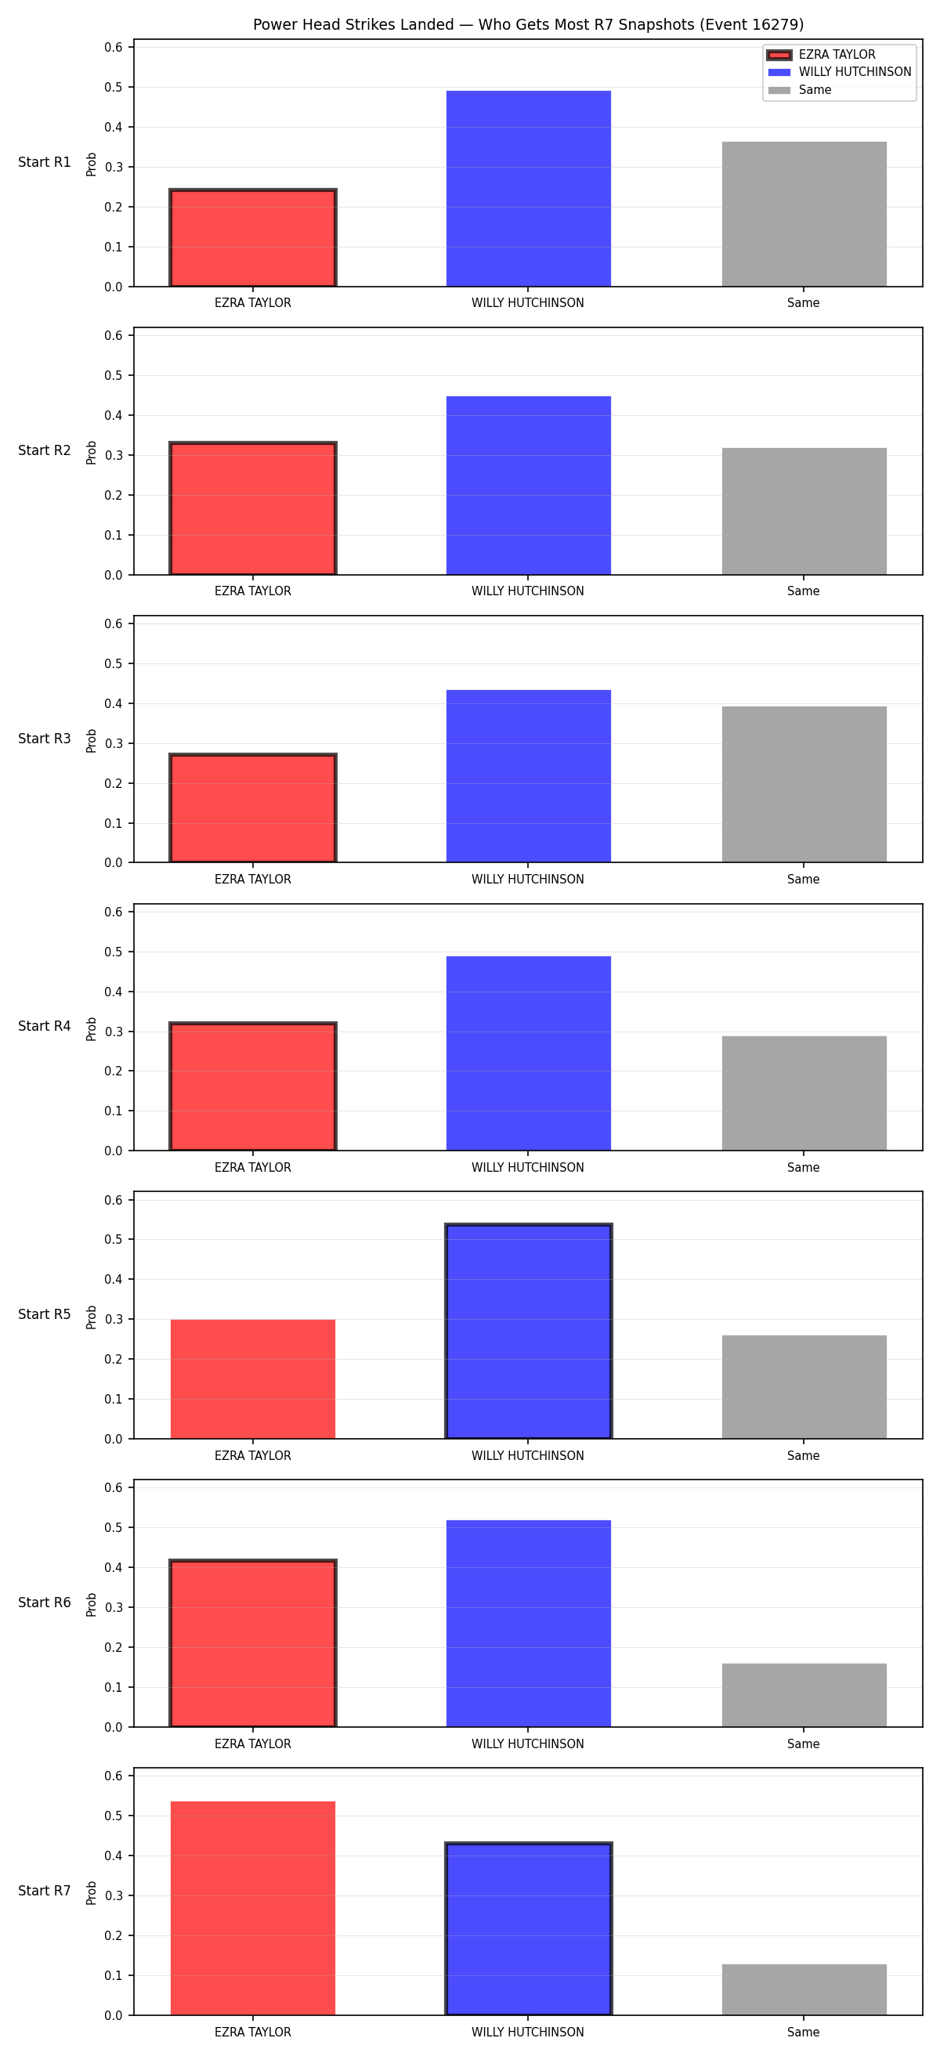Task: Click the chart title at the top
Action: (528, 25)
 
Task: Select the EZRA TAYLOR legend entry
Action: (821, 54)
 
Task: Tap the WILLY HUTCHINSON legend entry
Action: (839, 72)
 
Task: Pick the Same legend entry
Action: (799, 90)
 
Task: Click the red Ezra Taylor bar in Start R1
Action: (253, 238)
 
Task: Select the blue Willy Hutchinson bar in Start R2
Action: (528, 486)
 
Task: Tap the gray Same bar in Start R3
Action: (804, 785)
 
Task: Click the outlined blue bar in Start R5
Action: (528, 1332)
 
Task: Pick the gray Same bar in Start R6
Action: (804, 1695)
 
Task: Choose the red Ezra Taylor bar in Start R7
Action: (253, 1908)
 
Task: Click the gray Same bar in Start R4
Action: (804, 1093)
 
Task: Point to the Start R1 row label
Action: (45, 162)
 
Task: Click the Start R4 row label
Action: (45, 1026)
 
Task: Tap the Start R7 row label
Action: (45, 1891)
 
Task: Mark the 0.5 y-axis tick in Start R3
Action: (114, 663)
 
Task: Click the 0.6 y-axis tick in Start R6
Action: (114, 1487)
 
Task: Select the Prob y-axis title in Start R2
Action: (92, 453)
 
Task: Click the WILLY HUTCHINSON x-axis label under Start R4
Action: (527, 1168)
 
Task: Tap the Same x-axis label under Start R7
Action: (804, 2032)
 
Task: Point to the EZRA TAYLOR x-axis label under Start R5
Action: (253, 1456)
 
